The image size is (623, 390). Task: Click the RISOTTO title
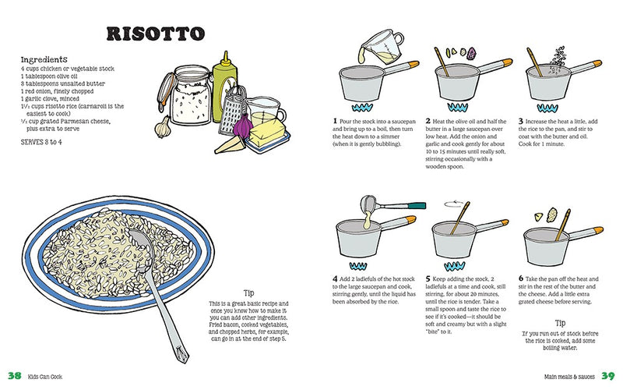click(155, 34)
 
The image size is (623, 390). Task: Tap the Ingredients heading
click(44, 60)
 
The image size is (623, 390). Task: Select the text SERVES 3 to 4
click(41, 142)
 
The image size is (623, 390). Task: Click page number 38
click(15, 376)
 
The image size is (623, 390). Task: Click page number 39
click(608, 376)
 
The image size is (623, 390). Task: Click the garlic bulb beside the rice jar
click(163, 126)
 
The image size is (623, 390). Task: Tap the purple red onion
click(243, 125)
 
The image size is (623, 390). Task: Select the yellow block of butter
click(267, 134)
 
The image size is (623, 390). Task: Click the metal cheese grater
click(233, 109)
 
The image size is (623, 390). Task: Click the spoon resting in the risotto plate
click(159, 290)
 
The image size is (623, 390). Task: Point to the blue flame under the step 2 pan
click(457, 107)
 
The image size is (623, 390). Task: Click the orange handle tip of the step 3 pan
click(597, 63)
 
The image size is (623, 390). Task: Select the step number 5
click(428, 279)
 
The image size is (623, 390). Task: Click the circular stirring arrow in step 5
click(454, 204)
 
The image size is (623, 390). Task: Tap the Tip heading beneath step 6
click(560, 323)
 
